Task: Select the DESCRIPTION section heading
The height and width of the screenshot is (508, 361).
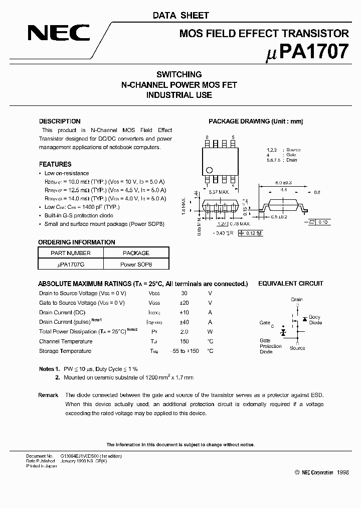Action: pyautogui.click(x=60, y=121)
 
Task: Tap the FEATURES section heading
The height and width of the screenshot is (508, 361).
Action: pyautogui.click(x=55, y=164)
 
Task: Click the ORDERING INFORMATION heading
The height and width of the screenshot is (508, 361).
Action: pyautogui.click(x=77, y=242)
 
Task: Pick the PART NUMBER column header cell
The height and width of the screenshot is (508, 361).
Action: pyautogui.click(x=71, y=253)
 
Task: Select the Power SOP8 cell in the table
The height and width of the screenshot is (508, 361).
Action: pyautogui.click(x=136, y=264)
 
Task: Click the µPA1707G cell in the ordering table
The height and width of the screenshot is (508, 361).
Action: pyautogui.click(x=71, y=264)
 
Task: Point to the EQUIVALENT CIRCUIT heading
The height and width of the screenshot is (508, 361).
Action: pyautogui.click(x=290, y=284)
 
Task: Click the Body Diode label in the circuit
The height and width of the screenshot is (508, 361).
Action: pyautogui.click(x=315, y=320)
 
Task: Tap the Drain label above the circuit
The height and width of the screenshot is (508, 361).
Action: pyautogui.click(x=297, y=300)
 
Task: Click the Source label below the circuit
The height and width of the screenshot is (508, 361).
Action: pyautogui.click(x=297, y=348)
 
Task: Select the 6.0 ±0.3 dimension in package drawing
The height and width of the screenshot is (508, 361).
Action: pyautogui.click(x=283, y=183)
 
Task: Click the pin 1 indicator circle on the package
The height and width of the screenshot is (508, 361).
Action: pyautogui.click(x=210, y=170)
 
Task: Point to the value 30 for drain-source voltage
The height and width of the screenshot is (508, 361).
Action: pyautogui.click(x=184, y=293)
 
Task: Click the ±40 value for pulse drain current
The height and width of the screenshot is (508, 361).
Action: pyautogui.click(x=184, y=322)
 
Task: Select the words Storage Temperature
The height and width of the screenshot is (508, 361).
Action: pyautogui.click(x=65, y=351)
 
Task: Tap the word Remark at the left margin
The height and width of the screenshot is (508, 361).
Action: pyautogui.click(x=48, y=395)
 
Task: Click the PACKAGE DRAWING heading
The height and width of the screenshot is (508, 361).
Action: pyautogui.click(x=256, y=121)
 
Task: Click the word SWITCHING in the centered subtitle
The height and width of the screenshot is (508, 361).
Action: pyautogui.click(x=179, y=75)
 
